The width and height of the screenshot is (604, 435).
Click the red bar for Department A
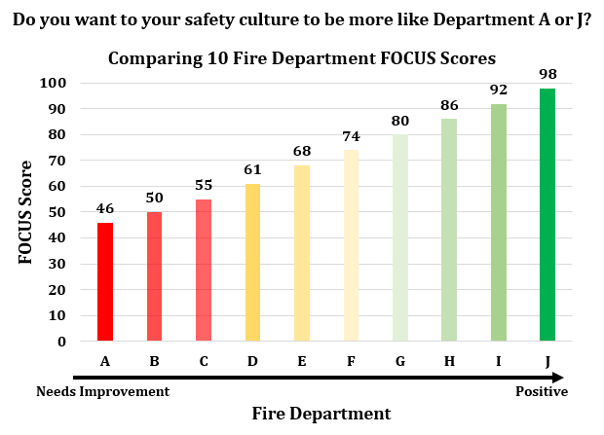click(105, 282)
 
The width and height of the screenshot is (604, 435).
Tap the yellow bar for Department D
click(252, 263)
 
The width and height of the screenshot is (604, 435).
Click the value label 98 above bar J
click(547, 75)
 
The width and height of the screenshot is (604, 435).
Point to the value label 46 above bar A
click(105, 208)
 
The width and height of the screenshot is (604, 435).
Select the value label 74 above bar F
click(351, 136)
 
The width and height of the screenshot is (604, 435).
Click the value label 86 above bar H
click(449, 105)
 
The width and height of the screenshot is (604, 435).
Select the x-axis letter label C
click(203, 361)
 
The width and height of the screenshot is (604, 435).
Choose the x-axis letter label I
click(499, 361)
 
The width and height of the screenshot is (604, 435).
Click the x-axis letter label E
click(302, 361)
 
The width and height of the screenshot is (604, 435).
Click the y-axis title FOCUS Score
click(26, 211)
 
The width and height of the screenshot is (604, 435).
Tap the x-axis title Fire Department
click(321, 414)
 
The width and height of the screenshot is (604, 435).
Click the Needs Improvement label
click(103, 391)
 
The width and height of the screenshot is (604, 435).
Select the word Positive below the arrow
click(541, 391)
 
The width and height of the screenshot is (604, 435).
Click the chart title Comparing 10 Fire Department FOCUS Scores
click(301, 57)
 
